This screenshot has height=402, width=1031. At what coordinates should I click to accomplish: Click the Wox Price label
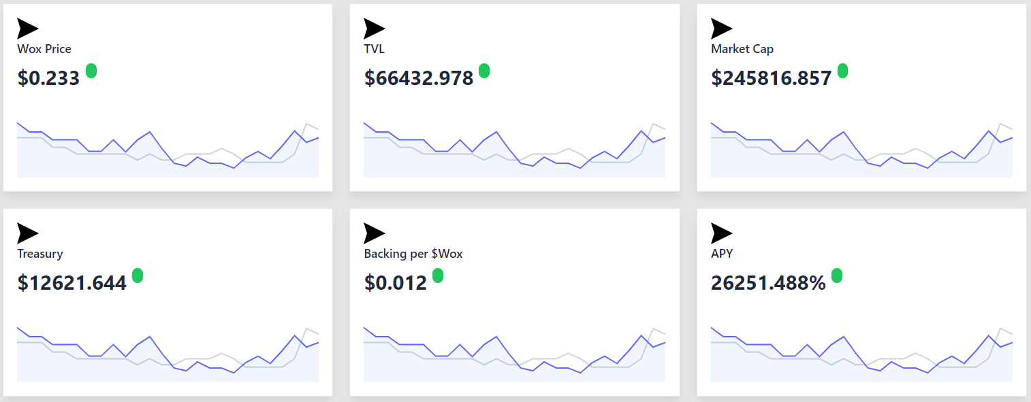pyautogui.click(x=44, y=49)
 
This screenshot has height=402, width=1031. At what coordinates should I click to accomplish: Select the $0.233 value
pyautogui.click(x=48, y=78)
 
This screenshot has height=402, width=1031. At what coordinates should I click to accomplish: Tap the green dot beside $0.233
pyautogui.click(x=91, y=71)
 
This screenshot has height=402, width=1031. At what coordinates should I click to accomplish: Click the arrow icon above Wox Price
pyautogui.click(x=27, y=29)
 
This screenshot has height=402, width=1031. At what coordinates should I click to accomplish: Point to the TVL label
pyautogui.click(x=374, y=49)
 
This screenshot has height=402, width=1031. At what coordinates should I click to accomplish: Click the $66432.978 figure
pyautogui.click(x=419, y=78)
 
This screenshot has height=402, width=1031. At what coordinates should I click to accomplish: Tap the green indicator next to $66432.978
pyautogui.click(x=484, y=71)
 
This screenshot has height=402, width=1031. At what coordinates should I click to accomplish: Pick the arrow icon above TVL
pyautogui.click(x=374, y=29)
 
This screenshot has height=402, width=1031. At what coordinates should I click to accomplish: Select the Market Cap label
pyautogui.click(x=742, y=49)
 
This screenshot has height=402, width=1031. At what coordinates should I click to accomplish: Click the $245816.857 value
pyautogui.click(x=772, y=78)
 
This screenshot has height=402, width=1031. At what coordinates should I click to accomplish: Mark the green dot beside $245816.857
pyautogui.click(x=842, y=71)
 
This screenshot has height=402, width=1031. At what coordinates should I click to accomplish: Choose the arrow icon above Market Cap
pyautogui.click(x=721, y=29)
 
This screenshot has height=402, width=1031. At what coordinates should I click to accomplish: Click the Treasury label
pyautogui.click(x=40, y=254)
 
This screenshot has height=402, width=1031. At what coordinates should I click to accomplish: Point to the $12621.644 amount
pyautogui.click(x=72, y=283)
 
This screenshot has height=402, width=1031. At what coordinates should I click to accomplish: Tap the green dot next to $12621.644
pyautogui.click(x=138, y=275)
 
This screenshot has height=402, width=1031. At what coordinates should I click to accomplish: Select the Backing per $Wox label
pyautogui.click(x=413, y=254)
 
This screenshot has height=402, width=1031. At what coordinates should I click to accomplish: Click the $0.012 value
pyautogui.click(x=396, y=283)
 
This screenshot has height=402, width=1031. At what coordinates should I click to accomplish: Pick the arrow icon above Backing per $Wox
pyautogui.click(x=374, y=233)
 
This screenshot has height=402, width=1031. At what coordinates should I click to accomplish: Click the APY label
pyautogui.click(x=722, y=254)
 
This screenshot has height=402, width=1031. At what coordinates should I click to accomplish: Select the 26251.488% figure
pyautogui.click(x=768, y=283)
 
